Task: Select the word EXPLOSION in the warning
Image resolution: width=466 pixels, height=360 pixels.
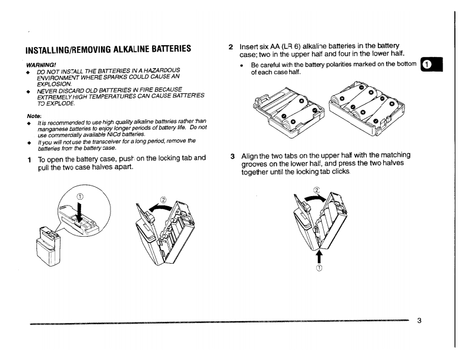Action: tap(53, 83)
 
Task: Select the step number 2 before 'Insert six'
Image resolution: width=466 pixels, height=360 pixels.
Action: tap(232, 46)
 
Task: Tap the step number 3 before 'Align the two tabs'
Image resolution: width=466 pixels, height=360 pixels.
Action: tap(233, 155)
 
